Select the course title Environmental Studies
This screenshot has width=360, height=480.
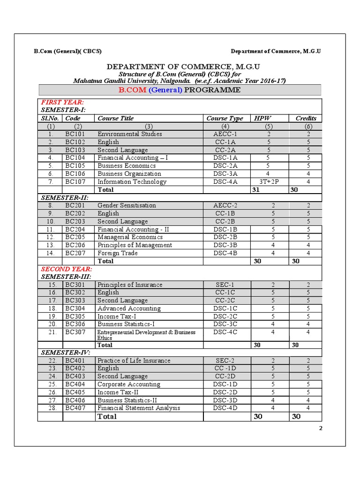coord(129,134)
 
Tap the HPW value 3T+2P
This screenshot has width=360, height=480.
coord(268,182)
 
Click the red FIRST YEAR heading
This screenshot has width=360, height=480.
coord(62,102)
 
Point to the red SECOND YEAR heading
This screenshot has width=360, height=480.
coord(67,269)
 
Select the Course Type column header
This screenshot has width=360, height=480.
coord(225,119)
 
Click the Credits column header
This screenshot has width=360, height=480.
coord(306,119)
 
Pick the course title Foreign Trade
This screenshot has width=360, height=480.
coord(118,253)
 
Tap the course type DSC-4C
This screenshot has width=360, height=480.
coord(225,332)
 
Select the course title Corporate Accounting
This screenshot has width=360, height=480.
coord(128,384)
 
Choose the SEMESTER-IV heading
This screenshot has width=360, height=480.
coord(66,352)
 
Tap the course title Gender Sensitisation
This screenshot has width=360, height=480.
coord(127,205)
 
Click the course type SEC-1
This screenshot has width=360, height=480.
coord(225,285)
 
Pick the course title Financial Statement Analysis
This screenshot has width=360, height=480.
coord(138,408)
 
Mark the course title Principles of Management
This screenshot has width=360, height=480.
coord(135,245)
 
